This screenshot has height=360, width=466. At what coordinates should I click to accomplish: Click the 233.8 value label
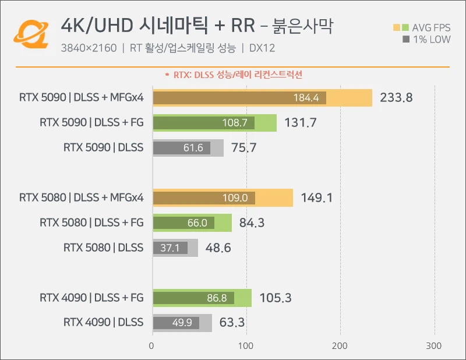click(x=396, y=98)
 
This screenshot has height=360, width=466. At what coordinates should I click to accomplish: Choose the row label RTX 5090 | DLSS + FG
click(x=91, y=123)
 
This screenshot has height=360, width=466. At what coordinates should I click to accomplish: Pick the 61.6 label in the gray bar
click(x=193, y=148)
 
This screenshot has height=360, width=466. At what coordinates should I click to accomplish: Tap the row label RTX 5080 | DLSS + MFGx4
click(x=81, y=198)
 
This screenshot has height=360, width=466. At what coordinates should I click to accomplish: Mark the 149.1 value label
click(x=317, y=198)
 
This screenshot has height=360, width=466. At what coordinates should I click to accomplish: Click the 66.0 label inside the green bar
click(x=197, y=223)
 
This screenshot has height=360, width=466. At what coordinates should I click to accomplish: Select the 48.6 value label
click(x=218, y=248)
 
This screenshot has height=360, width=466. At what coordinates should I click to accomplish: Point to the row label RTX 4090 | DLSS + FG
click(x=91, y=298)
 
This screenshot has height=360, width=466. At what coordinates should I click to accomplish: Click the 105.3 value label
click(x=276, y=298)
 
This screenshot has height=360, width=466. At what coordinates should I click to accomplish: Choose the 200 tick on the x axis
click(x=341, y=346)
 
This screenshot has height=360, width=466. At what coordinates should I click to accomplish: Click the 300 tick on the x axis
click(x=435, y=346)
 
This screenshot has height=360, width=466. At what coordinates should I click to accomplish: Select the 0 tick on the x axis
click(x=152, y=346)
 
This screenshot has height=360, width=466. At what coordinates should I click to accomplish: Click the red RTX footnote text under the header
click(x=234, y=75)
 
